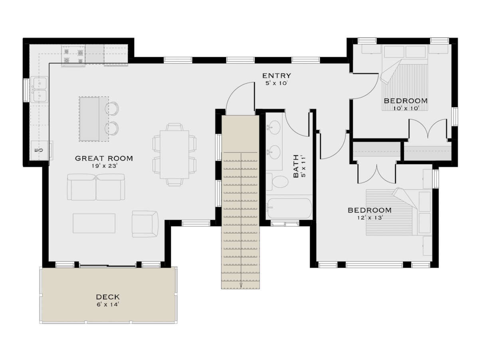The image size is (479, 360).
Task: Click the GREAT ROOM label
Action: pos(104,158)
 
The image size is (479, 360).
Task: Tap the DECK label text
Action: pos(108,297)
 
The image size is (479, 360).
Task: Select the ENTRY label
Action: pos(277,76)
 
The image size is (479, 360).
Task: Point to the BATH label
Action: pos(296,166)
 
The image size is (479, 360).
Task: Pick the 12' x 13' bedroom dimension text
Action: pos(370,218)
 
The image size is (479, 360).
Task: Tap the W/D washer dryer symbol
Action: pos(39,150)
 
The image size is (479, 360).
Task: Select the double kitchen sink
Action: pos(40,90)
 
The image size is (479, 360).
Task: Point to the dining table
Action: pos(174,155)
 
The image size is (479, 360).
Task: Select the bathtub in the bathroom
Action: pos(289,208)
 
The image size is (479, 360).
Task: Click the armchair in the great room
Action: pos(145,224)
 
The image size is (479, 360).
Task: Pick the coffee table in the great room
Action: pos(94,223)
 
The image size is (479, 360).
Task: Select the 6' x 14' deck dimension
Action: pos(108,304)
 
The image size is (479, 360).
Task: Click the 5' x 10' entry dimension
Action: pos(276,83)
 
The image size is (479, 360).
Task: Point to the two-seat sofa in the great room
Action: pos(96,187)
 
